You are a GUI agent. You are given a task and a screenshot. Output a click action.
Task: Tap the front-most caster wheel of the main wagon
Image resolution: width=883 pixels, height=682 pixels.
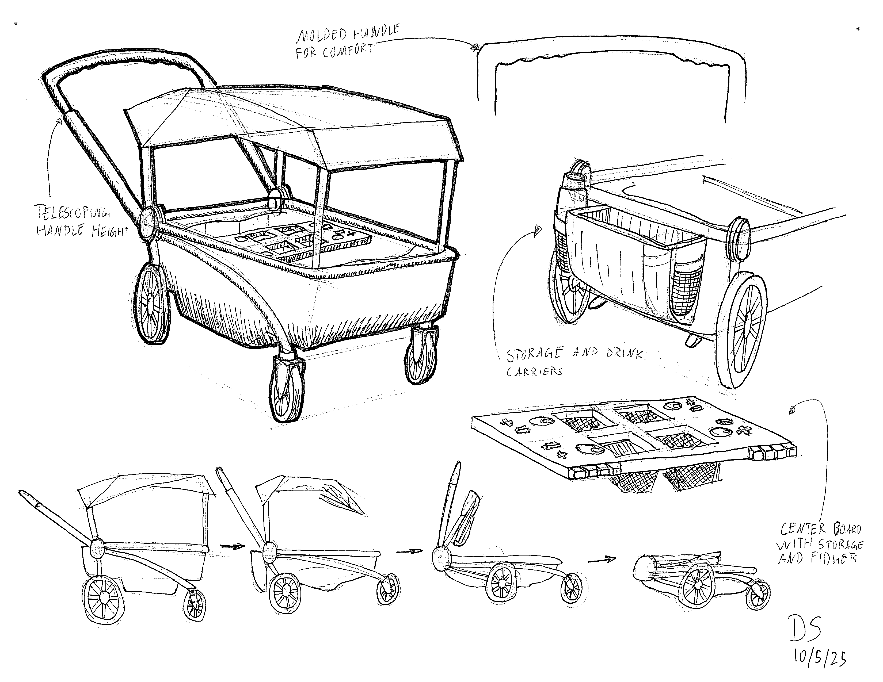287,388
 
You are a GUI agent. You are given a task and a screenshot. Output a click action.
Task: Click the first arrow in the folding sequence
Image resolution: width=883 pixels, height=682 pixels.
233,546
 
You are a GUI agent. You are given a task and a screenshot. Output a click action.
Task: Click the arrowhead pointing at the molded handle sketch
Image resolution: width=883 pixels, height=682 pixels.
475,48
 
